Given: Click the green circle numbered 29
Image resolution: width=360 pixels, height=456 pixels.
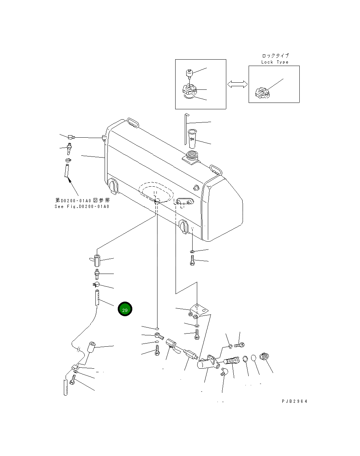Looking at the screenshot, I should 125,309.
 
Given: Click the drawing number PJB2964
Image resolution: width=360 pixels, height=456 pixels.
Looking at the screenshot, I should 294,401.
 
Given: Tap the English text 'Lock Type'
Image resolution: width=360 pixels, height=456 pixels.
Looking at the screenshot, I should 275,62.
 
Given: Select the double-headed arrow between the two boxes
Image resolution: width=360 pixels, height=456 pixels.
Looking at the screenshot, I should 237,84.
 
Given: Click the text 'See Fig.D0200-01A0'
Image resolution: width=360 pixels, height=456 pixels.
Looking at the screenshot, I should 82,207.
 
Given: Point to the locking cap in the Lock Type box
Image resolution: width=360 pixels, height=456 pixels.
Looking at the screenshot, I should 262,93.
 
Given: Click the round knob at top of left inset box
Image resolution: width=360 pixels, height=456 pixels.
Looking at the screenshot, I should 189,73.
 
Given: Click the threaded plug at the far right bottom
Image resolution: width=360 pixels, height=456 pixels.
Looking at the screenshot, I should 264,356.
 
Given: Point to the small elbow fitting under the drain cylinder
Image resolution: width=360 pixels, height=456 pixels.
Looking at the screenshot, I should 223,372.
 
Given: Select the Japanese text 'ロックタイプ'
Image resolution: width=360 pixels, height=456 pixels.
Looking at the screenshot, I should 275,56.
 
